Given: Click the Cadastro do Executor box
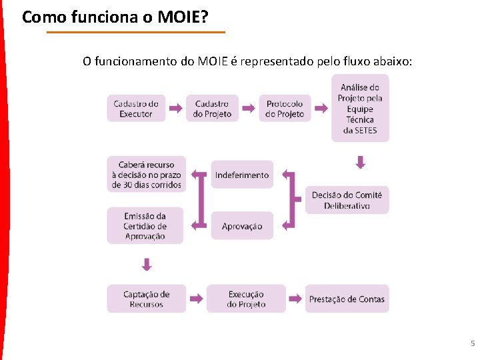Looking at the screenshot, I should tap(136, 108).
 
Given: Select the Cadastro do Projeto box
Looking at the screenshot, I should tap(212, 108).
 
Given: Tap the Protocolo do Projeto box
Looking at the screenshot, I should tap(285, 108).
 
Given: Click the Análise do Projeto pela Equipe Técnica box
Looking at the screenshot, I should tap(360, 108).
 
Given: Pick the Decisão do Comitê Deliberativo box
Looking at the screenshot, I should tap(347, 200).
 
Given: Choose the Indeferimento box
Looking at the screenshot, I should tap(242, 175).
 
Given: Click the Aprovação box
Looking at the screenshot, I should tap(242, 226).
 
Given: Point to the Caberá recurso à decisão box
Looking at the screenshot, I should tap(147, 175).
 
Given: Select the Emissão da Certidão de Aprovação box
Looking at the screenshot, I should tap(145, 226).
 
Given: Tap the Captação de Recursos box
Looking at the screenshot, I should tap(147, 299).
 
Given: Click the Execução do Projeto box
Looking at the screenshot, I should tap(246, 299).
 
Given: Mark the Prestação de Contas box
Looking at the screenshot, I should tap(347, 299).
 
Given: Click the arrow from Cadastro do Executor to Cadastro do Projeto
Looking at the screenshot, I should tap(175, 108).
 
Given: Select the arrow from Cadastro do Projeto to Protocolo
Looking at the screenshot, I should tap(248, 108).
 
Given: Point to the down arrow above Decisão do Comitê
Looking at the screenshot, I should tap(361, 162).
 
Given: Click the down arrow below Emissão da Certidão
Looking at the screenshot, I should tap(147, 265).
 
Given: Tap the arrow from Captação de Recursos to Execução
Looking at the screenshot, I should tap(196, 299).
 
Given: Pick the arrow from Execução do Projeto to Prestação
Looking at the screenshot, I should tap(296, 299).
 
